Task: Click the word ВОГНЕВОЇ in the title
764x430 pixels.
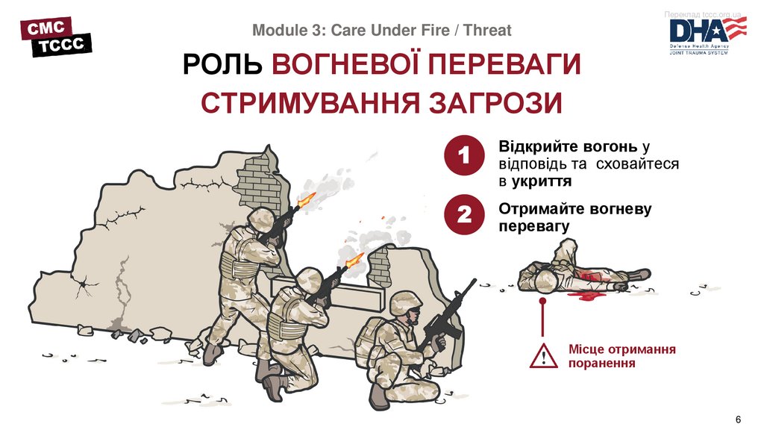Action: [347, 66]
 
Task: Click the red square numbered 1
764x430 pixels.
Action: [464, 158]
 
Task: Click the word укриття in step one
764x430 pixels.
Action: [542, 181]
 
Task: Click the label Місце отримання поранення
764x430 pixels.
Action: [621, 356]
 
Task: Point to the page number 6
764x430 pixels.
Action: [739, 417]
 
